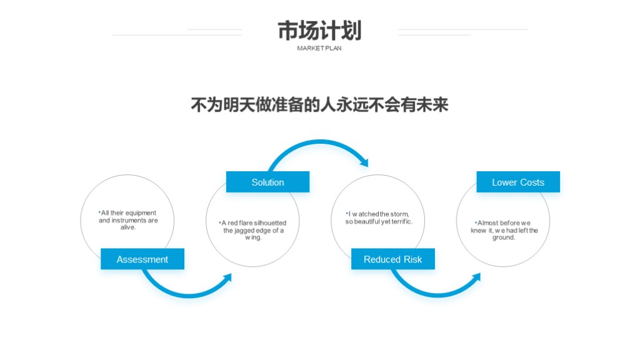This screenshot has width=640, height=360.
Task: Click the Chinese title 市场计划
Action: [319, 31]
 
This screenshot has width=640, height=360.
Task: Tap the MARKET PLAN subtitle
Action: [319, 48]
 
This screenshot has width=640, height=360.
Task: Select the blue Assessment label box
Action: [142, 259]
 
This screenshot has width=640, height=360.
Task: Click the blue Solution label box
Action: [267, 182]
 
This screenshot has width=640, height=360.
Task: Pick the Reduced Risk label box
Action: [393, 259]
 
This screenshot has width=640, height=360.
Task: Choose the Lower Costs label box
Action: [518, 182]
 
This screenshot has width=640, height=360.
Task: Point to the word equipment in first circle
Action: [141, 213]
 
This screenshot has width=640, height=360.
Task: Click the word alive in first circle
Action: [127, 227]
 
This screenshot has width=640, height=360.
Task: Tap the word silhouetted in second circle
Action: [270, 223]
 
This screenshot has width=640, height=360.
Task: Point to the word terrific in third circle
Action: [402, 221]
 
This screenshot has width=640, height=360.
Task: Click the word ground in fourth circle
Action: [503, 237]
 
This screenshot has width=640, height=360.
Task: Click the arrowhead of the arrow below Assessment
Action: [227, 278]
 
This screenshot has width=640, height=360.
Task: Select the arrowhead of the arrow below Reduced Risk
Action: [476, 278]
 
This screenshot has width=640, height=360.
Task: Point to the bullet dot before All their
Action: [99, 212]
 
